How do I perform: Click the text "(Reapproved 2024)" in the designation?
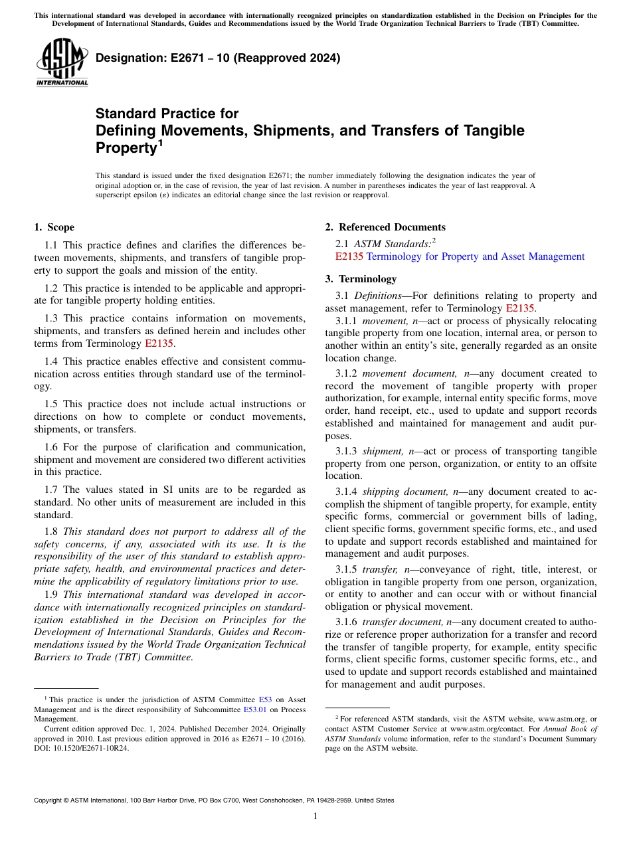(292, 58)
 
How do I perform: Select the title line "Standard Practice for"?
(167, 114)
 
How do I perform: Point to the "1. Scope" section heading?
(54, 227)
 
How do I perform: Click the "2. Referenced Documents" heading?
(385, 227)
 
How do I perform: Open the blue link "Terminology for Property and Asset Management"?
(476, 256)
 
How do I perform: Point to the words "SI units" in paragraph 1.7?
(201, 489)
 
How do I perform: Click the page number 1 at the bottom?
(315, 816)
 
